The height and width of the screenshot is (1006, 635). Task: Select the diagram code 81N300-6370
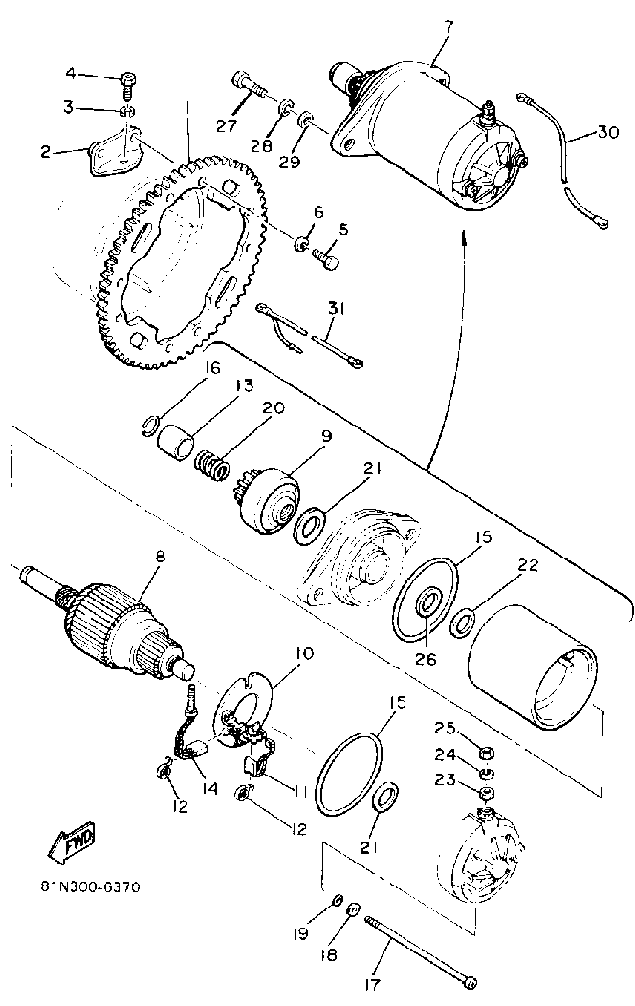pyautogui.click(x=91, y=886)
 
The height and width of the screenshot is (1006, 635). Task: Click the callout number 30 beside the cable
pyautogui.click(x=607, y=133)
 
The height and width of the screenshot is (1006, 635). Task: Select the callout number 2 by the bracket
pyautogui.click(x=45, y=150)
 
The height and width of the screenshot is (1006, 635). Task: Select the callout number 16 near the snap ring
pyautogui.click(x=212, y=368)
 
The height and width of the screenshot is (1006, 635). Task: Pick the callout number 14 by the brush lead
pyautogui.click(x=208, y=789)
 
